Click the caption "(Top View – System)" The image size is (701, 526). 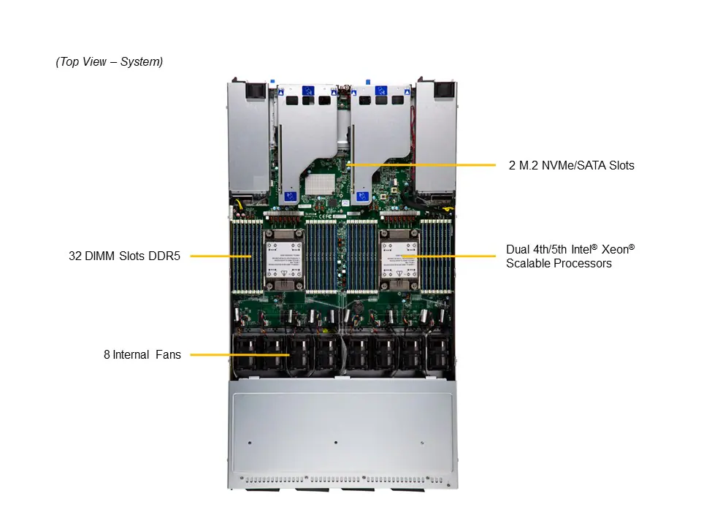(110, 62)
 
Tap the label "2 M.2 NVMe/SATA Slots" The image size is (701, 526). (571, 165)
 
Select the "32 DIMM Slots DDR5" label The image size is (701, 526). (124, 256)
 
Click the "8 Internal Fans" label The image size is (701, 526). (142, 355)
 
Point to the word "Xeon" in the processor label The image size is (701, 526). (610, 249)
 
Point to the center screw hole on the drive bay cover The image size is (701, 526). (335, 442)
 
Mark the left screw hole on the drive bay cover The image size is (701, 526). (250, 442)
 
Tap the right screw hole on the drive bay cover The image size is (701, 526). (422, 442)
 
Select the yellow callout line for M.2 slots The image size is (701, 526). (424, 165)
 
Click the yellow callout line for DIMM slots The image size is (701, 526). (219, 256)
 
